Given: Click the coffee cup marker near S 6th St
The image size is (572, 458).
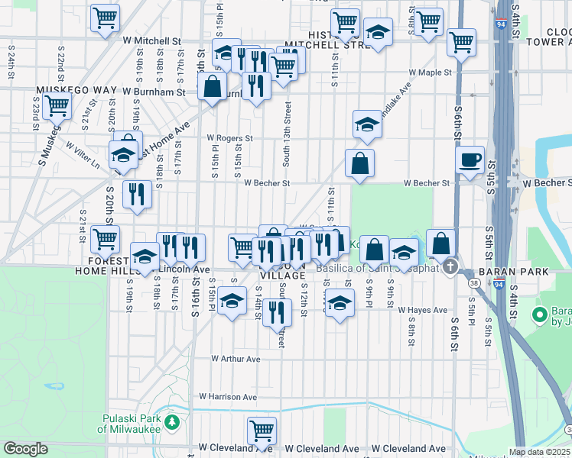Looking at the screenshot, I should coord(470,160).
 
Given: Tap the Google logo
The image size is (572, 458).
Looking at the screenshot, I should coord(25,449).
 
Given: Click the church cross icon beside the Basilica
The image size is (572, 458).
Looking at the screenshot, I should coord(450,268).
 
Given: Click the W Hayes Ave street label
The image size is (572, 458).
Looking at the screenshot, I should coord(423,310).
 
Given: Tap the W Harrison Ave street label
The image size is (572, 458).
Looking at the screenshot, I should coord(228,397).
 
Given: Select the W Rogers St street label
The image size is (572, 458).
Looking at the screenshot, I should coord(230,138).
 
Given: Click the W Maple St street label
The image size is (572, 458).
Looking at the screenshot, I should coord(431,73).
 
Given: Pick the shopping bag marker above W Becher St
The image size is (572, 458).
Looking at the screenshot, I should coord(359,163).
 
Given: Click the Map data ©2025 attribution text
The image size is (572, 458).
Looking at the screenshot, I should coord(538,452).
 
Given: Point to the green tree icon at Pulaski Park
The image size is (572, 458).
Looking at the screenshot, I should coord(173,421).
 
